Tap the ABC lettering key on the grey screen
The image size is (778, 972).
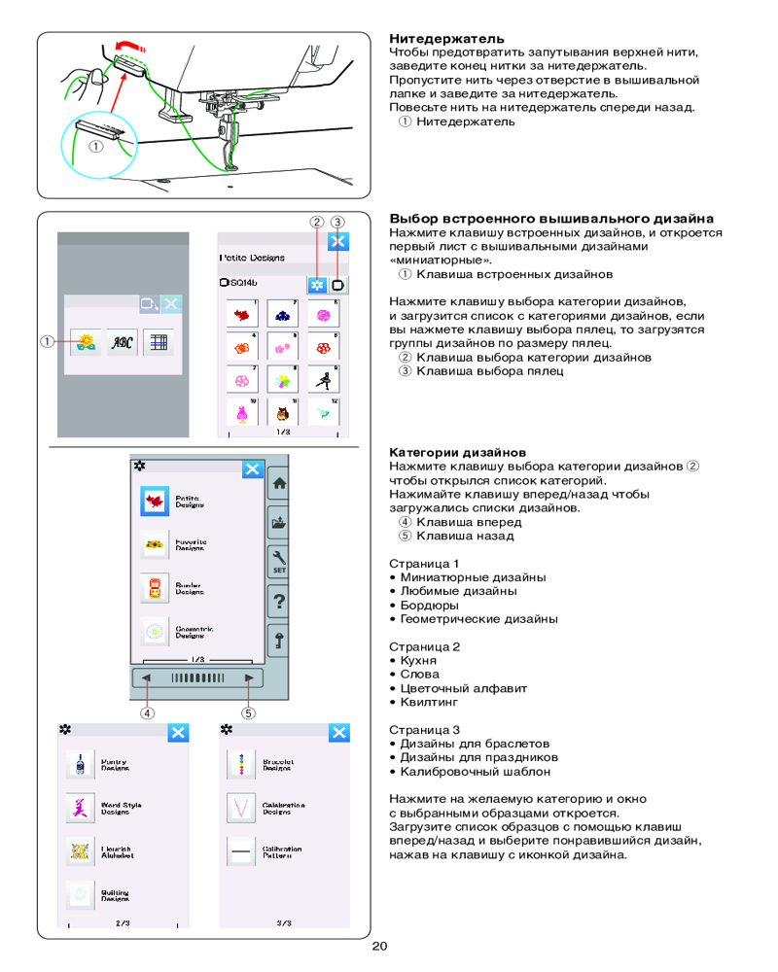coord(122,342)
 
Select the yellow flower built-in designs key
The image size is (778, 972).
coord(85,342)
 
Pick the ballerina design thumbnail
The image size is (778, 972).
coord(323,379)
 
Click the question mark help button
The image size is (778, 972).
coord(279,601)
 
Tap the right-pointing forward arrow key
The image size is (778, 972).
coord(250,677)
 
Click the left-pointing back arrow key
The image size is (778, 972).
coord(146,677)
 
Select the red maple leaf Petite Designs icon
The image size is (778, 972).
coord(155,502)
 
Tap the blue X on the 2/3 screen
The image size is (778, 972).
coord(178,733)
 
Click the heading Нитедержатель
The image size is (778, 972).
coord(433,39)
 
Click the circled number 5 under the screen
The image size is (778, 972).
coord(249,712)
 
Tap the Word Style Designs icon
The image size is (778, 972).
coord(78,807)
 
